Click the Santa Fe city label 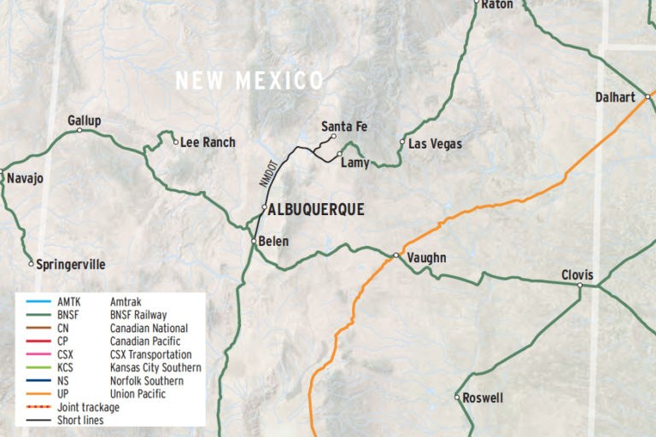344,126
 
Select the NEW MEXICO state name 249,81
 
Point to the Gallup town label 84,120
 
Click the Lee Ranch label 208,143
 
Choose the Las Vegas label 435,144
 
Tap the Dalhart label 615,97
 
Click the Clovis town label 577,275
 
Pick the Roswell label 483,398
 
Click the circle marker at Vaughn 396,255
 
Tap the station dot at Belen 254,242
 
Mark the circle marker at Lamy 339,154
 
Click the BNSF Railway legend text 138,315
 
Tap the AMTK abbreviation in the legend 70,302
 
